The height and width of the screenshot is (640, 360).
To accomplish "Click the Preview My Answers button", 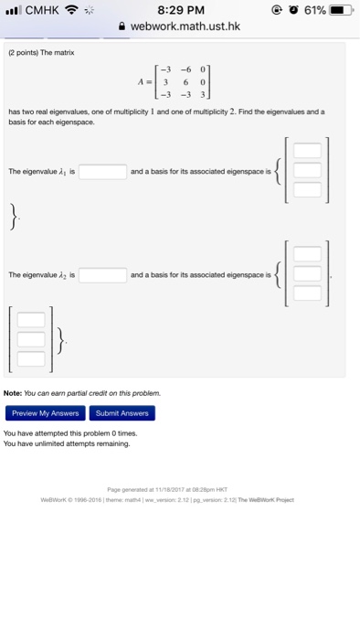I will point(45,413).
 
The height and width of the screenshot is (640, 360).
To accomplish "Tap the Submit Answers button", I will point(122,413).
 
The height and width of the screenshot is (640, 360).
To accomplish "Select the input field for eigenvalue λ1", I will point(102,171).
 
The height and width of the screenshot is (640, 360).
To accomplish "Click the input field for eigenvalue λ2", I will point(102,274).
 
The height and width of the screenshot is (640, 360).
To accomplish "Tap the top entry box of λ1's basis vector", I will point(307,152).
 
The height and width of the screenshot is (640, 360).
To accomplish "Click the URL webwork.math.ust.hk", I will point(185,27).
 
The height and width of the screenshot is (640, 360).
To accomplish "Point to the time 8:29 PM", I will point(179,9).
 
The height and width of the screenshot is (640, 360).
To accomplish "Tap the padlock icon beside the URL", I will point(123,27).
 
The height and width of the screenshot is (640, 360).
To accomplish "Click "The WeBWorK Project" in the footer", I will point(268,500).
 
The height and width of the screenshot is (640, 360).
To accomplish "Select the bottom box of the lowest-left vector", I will point(30,358).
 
